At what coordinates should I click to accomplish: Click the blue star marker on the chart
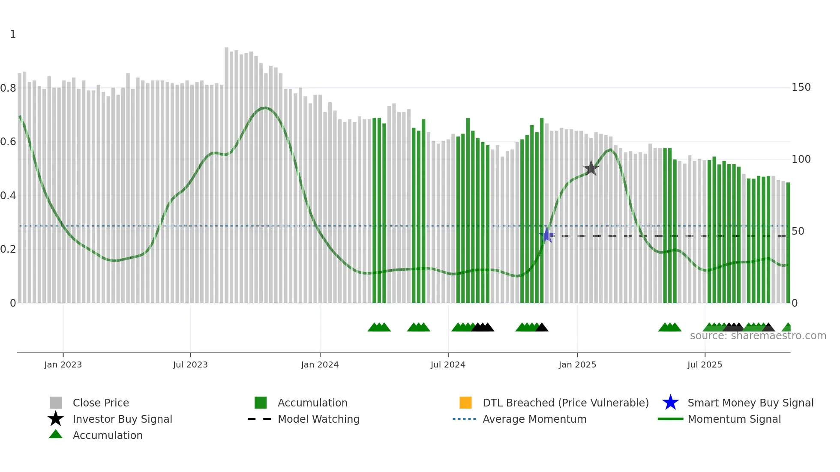(x=546, y=235)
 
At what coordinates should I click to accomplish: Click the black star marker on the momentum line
(x=591, y=168)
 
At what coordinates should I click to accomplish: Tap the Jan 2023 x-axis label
(x=63, y=364)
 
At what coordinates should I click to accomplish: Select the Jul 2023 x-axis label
(x=190, y=364)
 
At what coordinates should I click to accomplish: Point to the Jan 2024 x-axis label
(x=320, y=364)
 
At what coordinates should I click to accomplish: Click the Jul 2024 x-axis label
(x=448, y=364)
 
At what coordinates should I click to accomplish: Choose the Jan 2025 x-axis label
(x=577, y=364)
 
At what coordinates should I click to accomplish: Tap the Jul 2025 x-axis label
(x=705, y=364)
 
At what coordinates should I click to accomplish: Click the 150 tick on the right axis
(x=801, y=87)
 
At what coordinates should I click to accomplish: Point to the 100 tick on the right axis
(x=801, y=159)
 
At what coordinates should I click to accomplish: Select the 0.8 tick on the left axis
(x=8, y=88)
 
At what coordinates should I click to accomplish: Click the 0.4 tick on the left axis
(x=8, y=196)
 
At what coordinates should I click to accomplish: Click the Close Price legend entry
(x=101, y=403)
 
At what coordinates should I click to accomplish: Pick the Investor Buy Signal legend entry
(x=122, y=419)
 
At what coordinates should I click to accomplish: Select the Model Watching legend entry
(x=318, y=419)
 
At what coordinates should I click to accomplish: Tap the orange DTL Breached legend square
(x=465, y=403)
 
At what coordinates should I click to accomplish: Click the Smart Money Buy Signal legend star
(x=670, y=403)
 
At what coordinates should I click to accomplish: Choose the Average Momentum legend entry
(x=534, y=419)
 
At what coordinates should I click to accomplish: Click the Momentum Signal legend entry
(x=734, y=419)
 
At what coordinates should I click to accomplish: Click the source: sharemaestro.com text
(x=758, y=336)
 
